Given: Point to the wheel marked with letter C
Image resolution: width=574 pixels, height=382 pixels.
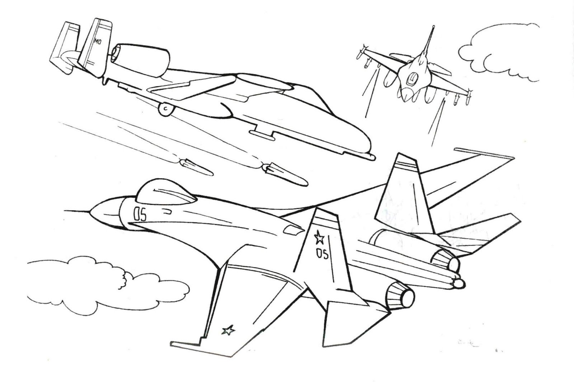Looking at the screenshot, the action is pyautogui.click(x=166, y=109).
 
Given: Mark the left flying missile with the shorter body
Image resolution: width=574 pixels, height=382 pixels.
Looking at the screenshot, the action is pyautogui.click(x=196, y=167).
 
